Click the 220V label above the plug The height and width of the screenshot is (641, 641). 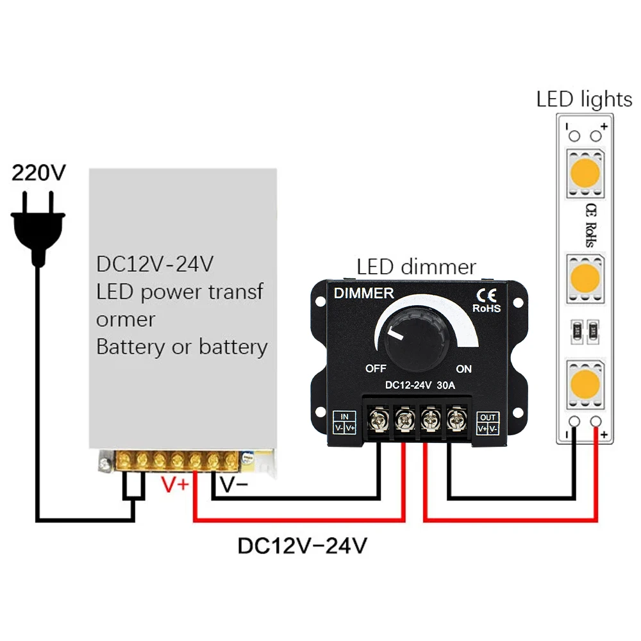[x=39, y=174]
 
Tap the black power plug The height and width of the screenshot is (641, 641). [x=39, y=225]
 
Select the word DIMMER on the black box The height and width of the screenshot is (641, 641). [x=363, y=294]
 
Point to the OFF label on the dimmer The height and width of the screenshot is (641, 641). [x=376, y=369]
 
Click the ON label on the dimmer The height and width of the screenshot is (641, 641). [x=463, y=369]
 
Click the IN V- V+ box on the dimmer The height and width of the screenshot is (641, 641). [x=345, y=423]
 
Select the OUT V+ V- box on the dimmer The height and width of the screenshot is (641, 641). [x=488, y=423]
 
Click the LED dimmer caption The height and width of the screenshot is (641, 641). [x=417, y=267]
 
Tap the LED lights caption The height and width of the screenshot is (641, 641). [x=584, y=99]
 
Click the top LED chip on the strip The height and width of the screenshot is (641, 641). [x=584, y=172]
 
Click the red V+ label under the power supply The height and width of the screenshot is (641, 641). [x=175, y=485]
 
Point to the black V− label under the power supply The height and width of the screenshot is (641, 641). [x=234, y=485]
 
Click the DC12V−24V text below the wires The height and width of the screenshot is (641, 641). [x=303, y=545]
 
